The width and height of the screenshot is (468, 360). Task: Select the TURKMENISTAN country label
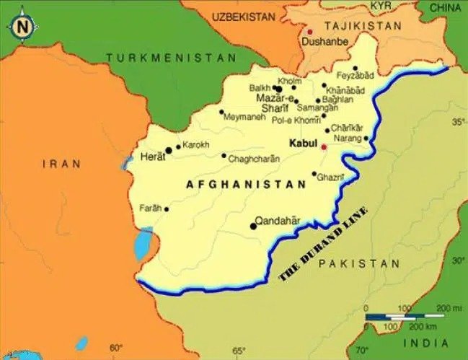point(170,58)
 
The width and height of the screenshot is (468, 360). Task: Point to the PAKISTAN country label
point(359,264)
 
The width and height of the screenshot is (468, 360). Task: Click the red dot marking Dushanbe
point(311,32)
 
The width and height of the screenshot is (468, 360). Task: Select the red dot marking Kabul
point(324,147)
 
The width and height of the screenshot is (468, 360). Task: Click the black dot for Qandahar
point(253,227)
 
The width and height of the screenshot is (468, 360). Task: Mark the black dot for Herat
point(169,151)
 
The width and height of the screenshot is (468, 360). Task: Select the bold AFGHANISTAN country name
point(246,185)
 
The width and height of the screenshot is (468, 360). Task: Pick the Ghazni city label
point(332,177)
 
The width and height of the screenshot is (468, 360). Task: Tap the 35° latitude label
point(457,122)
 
